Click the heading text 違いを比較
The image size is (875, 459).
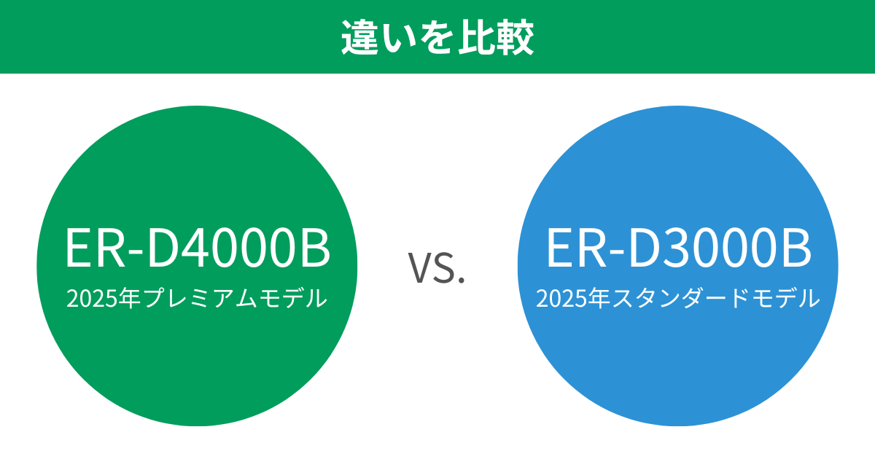(x=437, y=39)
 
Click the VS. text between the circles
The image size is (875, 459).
(x=437, y=268)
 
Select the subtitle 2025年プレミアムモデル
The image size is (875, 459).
(x=197, y=298)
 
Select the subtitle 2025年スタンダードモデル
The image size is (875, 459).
(x=678, y=298)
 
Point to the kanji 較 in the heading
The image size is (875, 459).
(x=517, y=39)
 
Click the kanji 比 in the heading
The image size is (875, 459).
(x=478, y=39)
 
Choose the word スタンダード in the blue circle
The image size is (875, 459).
(x=678, y=299)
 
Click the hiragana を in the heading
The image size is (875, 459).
(x=438, y=39)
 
